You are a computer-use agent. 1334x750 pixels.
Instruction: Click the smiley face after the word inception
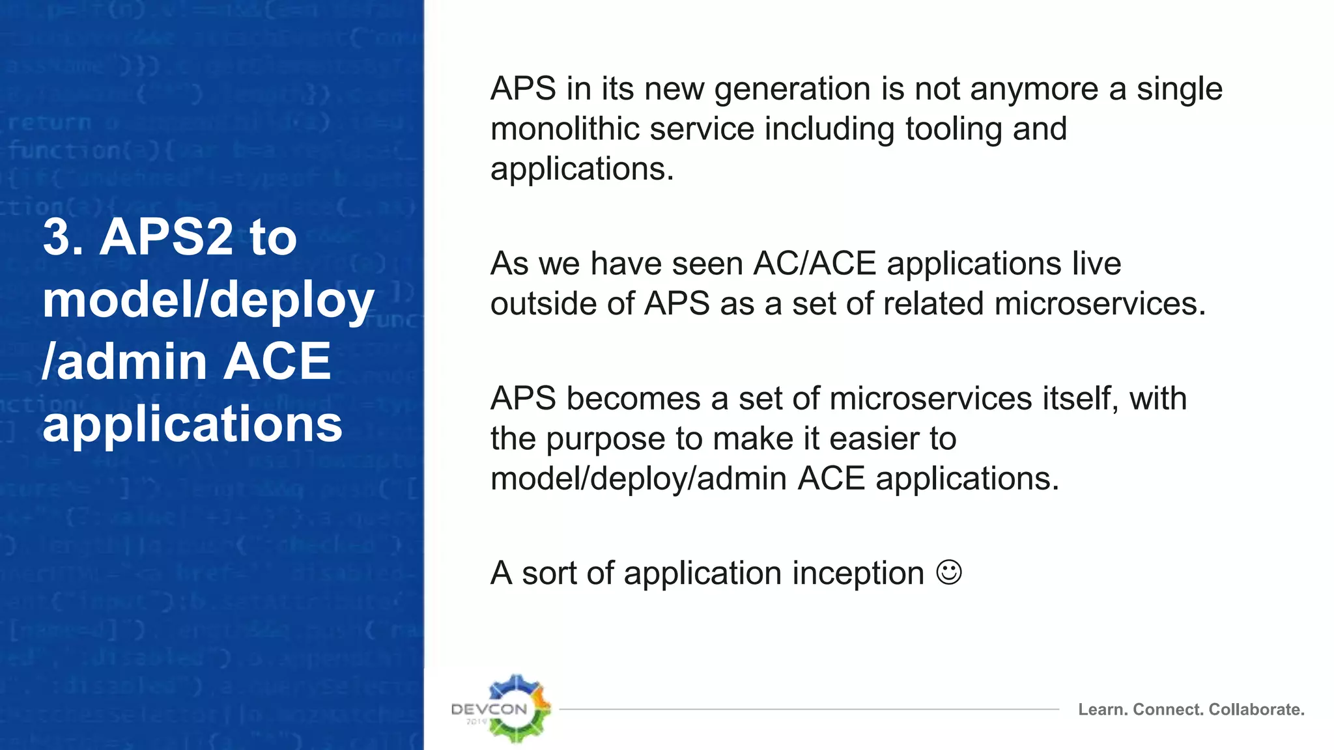[948, 572]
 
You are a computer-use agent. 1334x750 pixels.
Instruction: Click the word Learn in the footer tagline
[1101, 710]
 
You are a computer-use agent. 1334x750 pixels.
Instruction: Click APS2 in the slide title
[166, 237]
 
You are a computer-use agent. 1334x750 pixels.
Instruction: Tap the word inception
[858, 574]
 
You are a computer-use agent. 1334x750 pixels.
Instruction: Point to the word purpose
[606, 439]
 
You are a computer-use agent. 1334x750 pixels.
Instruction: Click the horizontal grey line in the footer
[808, 709]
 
